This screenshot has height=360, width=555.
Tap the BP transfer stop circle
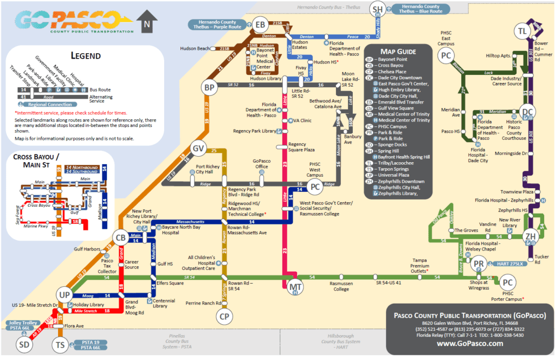click(210, 87)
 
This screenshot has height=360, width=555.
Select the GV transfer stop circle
click(199, 148)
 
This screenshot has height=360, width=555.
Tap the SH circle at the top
click(378, 9)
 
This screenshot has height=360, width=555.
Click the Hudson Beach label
click(195, 49)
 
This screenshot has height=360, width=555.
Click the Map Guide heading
click(398, 51)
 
